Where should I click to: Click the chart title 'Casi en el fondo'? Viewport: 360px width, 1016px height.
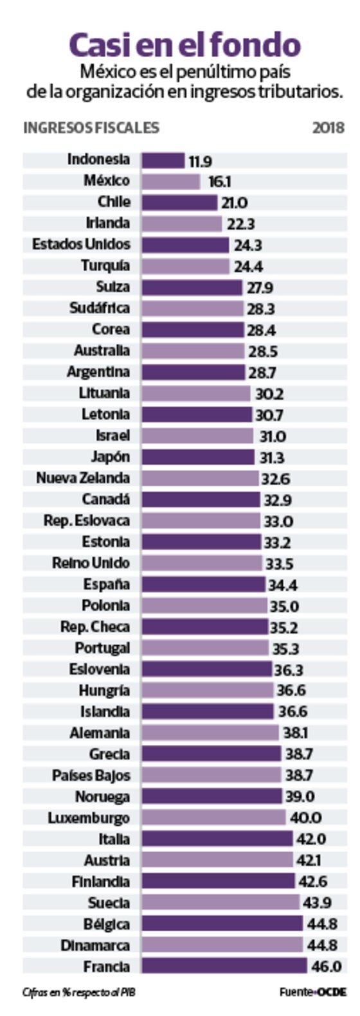point(184,45)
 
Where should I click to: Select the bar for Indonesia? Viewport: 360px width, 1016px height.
point(163,160)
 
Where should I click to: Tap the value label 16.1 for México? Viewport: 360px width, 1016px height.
point(219,182)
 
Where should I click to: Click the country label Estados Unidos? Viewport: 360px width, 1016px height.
point(81,245)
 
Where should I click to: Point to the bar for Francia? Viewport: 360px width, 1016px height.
point(224,966)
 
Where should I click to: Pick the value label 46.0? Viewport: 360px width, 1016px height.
point(327,967)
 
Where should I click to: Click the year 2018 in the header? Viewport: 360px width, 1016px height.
point(328,128)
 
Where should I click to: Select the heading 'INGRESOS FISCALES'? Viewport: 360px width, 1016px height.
point(91,128)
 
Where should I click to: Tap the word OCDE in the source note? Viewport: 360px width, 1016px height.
point(332,992)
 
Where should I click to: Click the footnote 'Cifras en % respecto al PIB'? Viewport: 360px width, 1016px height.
point(79,992)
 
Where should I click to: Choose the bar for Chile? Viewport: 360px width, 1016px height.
point(179,202)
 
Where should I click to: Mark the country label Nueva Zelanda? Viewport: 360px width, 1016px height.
point(83,478)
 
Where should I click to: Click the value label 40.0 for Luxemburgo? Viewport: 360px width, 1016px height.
point(305,818)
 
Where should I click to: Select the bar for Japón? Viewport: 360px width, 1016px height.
point(198,457)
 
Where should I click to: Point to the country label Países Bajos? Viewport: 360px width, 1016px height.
point(91,776)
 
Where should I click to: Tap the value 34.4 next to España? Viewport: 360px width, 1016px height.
point(283,585)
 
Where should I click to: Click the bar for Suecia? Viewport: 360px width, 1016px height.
point(221,902)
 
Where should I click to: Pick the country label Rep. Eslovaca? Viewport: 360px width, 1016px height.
point(87,521)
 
